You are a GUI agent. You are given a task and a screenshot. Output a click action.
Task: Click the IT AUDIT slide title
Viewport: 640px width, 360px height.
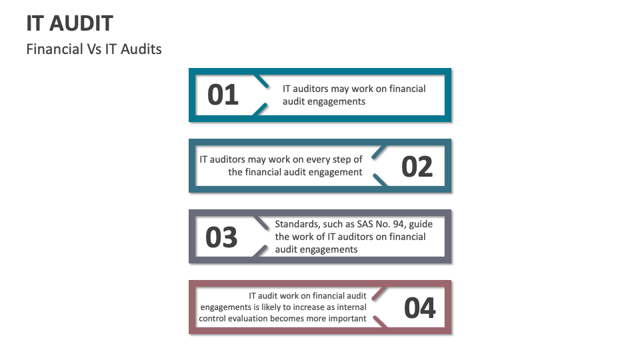pos(69,24)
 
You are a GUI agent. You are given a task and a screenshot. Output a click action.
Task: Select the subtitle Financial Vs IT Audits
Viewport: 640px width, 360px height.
pos(93,49)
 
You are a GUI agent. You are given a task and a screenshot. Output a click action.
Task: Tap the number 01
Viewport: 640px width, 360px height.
pos(223,95)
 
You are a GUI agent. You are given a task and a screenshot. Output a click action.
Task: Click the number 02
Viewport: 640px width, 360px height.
pos(417,166)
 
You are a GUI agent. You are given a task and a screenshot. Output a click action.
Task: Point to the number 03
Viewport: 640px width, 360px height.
pos(221,237)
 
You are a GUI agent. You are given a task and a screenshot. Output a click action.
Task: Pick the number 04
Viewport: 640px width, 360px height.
pos(420,308)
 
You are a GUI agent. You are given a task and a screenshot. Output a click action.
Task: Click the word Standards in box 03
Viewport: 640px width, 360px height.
pos(296,224)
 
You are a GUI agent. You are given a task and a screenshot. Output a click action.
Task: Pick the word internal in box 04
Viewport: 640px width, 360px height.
pos(351,307)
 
